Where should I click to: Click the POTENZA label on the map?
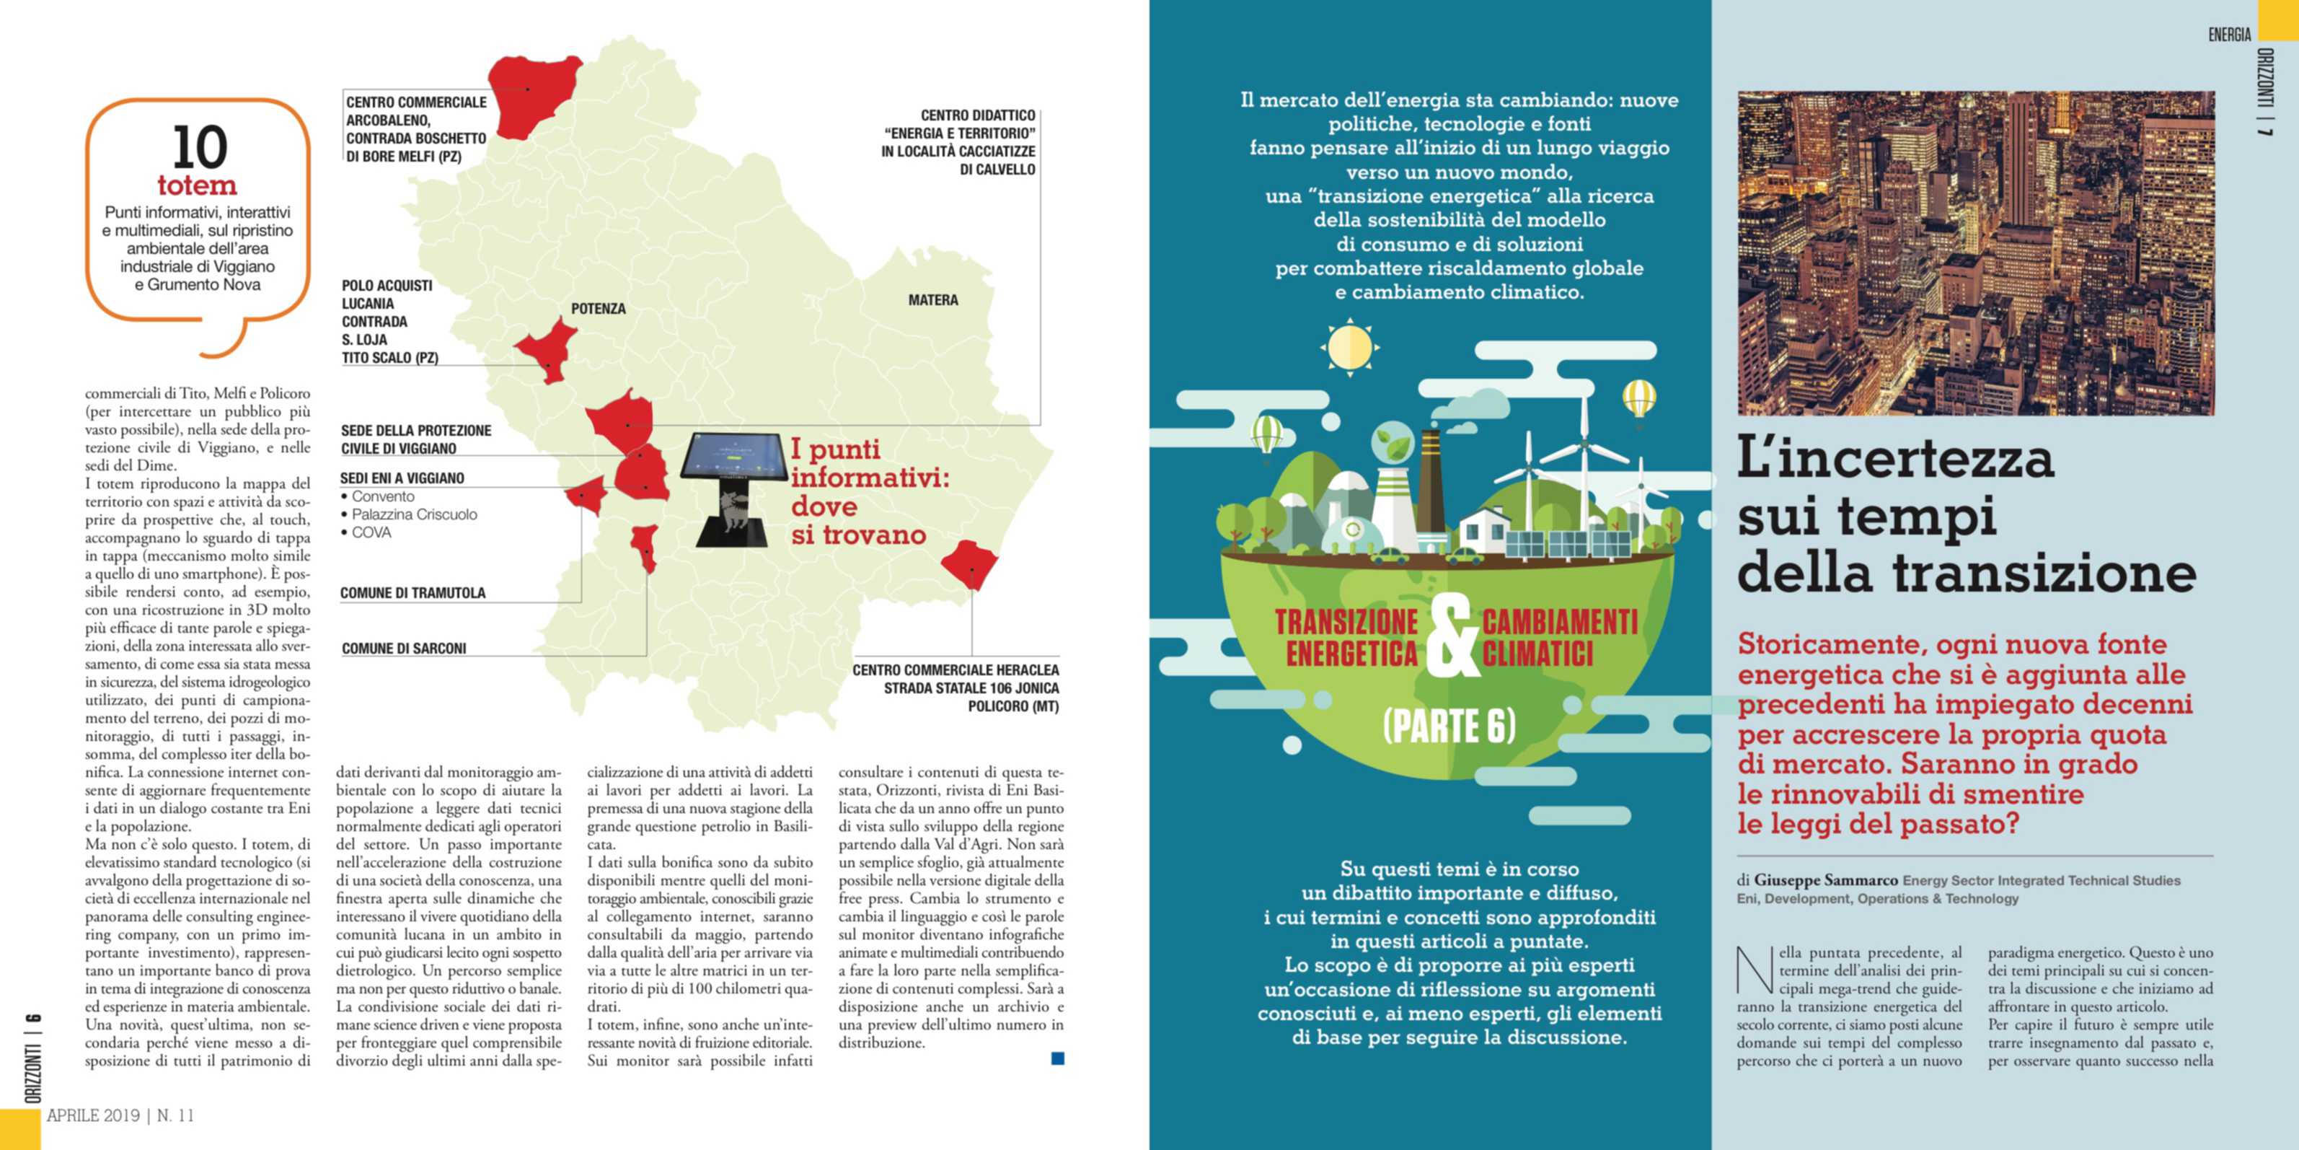click(x=598, y=309)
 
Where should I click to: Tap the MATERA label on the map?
click(x=932, y=300)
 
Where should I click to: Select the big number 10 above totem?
click(x=200, y=147)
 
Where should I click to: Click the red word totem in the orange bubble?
click(x=198, y=185)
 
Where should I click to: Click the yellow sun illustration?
click(x=1349, y=347)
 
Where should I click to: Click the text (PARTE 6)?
click(x=1449, y=726)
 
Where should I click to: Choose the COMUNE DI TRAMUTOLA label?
click(x=412, y=593)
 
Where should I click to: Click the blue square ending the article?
click(x=1058, y=1059)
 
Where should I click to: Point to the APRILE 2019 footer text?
click(x=93, y=1115)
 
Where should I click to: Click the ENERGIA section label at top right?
click(x=2229, y=35)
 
